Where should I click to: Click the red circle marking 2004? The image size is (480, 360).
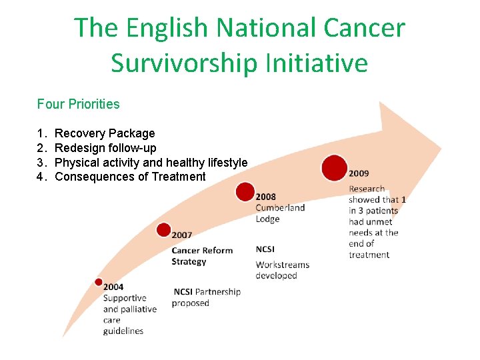pyautogui.click(x=99, y=282)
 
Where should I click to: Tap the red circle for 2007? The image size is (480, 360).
pyautogui.click(x=163, y=230)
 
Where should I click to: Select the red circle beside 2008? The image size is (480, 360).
pyautogui.click(x=245, y=192)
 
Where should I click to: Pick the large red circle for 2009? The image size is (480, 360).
pyautogui.click(x=334, y=167)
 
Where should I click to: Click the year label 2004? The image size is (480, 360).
pyautogui.click(x=113, y=287)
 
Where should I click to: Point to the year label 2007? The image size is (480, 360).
pyautogui.click(x=182, y=235)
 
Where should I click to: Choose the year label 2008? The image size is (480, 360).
pyautogui.click(x=265, y=197)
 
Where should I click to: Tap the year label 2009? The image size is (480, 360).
pyautogui.click(x=359, y=173)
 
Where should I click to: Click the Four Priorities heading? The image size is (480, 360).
pyautogui.click(x=79, y=104)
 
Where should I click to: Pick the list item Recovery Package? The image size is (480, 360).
pyautogui.click(x=105, y=133)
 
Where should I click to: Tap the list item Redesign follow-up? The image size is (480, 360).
pyautogui.click(x=105, y=148)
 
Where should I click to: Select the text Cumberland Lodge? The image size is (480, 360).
pyautogui.click(x=280, y=213)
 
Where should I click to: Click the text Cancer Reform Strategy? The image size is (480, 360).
pyautogui.click(x=202, y=256)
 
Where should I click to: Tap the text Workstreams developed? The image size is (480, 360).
pyautogui.click(x=282, y=270)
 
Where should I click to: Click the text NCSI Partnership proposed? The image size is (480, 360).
pyautogui.click(x=207, y=297)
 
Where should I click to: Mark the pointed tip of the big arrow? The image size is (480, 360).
pyautogui.click(x=441, y=146)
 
